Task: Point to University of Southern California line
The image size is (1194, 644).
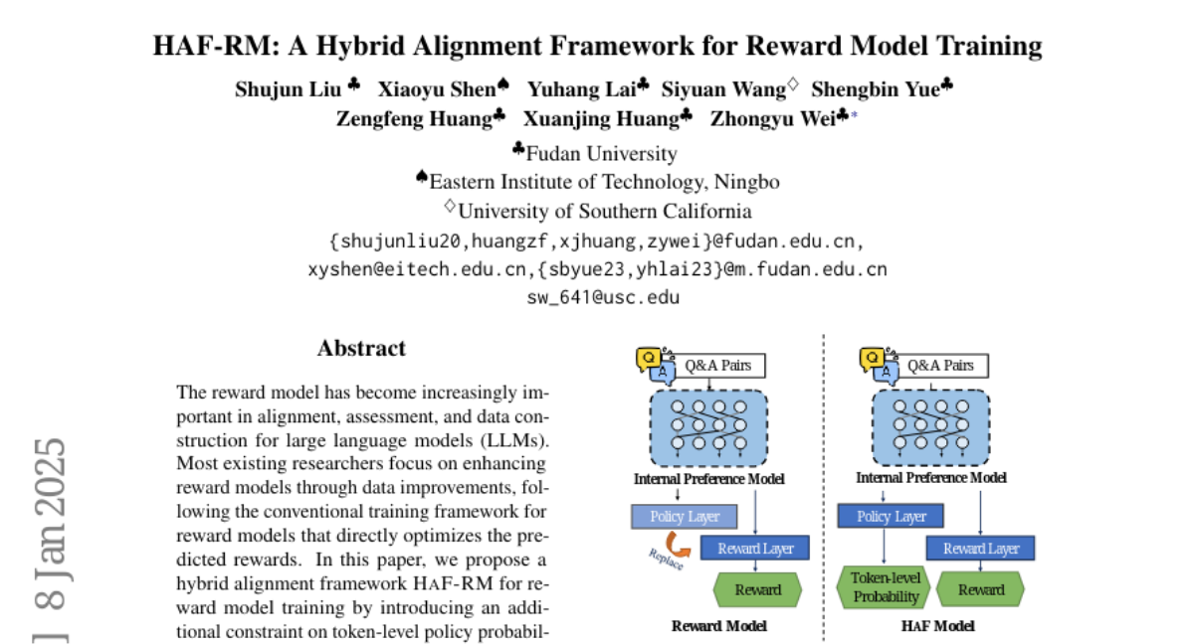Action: point(604,211)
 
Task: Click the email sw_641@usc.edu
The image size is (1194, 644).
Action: point(603,296)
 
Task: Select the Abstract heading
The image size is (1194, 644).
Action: point(361,349)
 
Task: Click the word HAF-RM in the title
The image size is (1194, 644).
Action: point(206,46)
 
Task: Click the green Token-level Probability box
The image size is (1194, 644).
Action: point(885,587)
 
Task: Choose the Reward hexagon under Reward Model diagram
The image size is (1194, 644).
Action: point(757,589)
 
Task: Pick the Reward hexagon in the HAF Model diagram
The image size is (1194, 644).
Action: point(980,589)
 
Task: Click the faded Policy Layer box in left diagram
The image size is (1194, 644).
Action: point(683,517)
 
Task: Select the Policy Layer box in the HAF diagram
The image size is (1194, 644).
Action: point(892,517)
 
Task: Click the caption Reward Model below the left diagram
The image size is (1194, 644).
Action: point(718,626)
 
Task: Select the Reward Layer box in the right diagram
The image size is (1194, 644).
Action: point(980,548)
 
